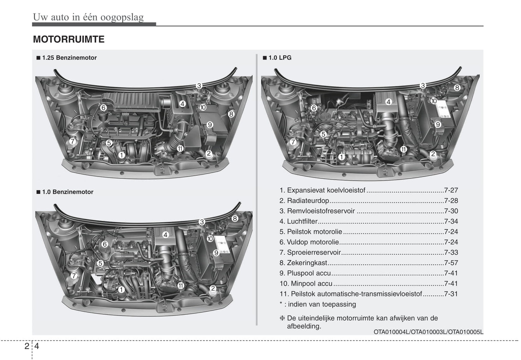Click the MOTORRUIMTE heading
(69, 39)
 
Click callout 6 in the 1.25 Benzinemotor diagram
(103, 107)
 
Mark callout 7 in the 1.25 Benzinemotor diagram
(72, 141)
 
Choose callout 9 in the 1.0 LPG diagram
(438, 124)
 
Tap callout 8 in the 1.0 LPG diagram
(457, 87)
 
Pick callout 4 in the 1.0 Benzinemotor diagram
(165, 235)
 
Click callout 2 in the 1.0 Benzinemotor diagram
(213, 288)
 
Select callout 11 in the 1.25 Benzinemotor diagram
(180, 148)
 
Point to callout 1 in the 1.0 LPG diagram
(341, 157)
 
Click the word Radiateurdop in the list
(308, 201)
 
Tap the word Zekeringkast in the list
(307, 263)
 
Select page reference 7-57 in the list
(451, 263)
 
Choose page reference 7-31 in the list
(451, 294)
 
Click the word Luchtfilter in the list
(302, 221)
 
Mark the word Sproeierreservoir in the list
(314, 253)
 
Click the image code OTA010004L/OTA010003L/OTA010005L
(428, 332)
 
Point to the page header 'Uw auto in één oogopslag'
(88, 17)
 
